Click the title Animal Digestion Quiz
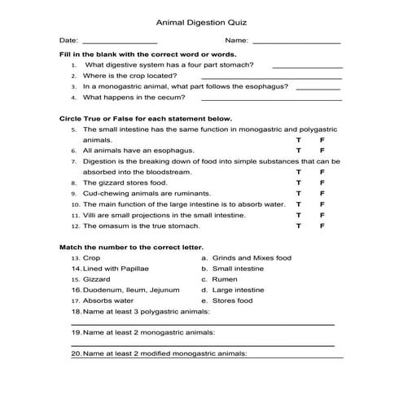(x=201, y=23)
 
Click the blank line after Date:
(x=120, y=42)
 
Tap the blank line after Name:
(x=296, y=42)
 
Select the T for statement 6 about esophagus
(x=299, y=151)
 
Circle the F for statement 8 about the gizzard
(x=323, y=183)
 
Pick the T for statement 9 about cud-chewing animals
(x=299, y=194)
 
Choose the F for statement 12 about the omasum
(x=323, y=226)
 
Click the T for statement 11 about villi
(x=299, y=215)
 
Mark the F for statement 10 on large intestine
(x=323, y=204)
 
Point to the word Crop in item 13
(x=92, y=257)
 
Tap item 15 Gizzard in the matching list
(x=96, y=278)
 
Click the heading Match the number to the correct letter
(x=131, y=246)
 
